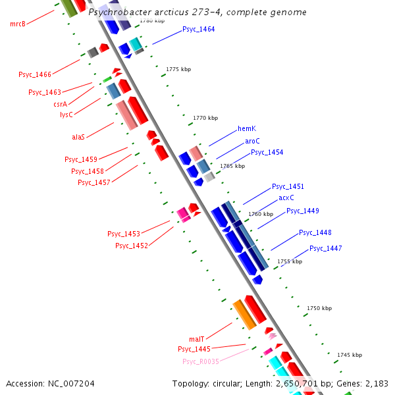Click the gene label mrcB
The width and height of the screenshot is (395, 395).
click(18, 24)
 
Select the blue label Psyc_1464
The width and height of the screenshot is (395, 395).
click(198, 30)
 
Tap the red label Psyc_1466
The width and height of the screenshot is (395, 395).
click(35, 75)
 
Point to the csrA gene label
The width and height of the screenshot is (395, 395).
click(60, 104)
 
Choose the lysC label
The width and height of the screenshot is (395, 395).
click(66, 115)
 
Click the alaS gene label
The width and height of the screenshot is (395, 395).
click(78, 138)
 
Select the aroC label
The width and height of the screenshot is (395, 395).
click(252, 141)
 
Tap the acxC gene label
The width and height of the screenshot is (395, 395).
click(286, 197)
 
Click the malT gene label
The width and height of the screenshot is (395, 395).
click(196, 339)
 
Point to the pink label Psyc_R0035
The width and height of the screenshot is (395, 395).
click(201, 361)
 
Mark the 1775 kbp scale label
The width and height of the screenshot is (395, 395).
click(178, 69)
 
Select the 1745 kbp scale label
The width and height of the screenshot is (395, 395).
click(349, 355)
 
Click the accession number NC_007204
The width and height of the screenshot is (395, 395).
click(70, 383)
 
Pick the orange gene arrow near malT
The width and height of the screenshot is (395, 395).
click(244, 314)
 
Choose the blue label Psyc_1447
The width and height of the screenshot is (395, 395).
click(325, 248)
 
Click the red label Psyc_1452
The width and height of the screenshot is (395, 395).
click(131, 246)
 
